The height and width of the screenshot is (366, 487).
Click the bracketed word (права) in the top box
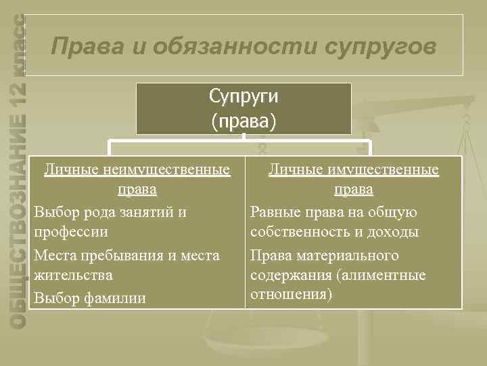243,121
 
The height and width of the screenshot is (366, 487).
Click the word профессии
71,232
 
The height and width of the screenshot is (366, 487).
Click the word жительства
74,275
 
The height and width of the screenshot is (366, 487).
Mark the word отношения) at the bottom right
291,295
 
